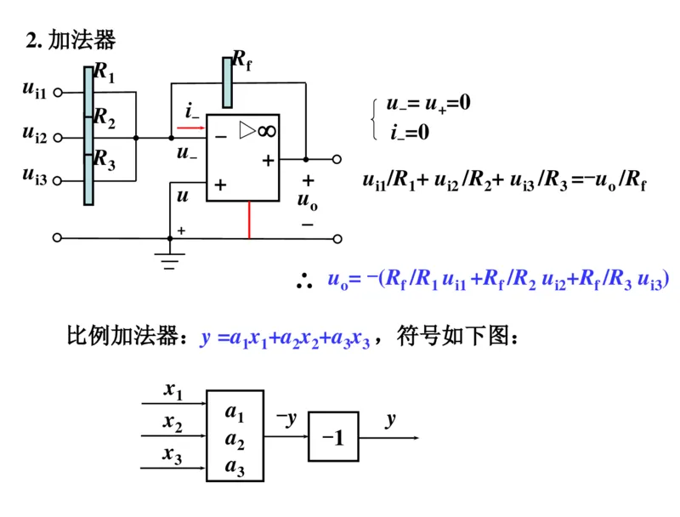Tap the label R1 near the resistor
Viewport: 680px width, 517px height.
[x=104, y=72]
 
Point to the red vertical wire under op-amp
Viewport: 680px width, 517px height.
[x=249, y=219]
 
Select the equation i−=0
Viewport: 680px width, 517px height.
[x=410, y=133]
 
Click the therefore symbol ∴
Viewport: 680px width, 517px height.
[x=303, y=281]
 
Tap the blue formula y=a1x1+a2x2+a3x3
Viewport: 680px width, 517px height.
[x=286, y=338]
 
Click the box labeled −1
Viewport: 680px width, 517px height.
[x=333, y=437]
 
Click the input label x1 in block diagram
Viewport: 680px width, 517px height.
[x=173, y=390]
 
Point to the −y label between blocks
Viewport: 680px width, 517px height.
[x=286, y=418]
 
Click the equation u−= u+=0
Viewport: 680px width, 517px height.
[x=428, y=104]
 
